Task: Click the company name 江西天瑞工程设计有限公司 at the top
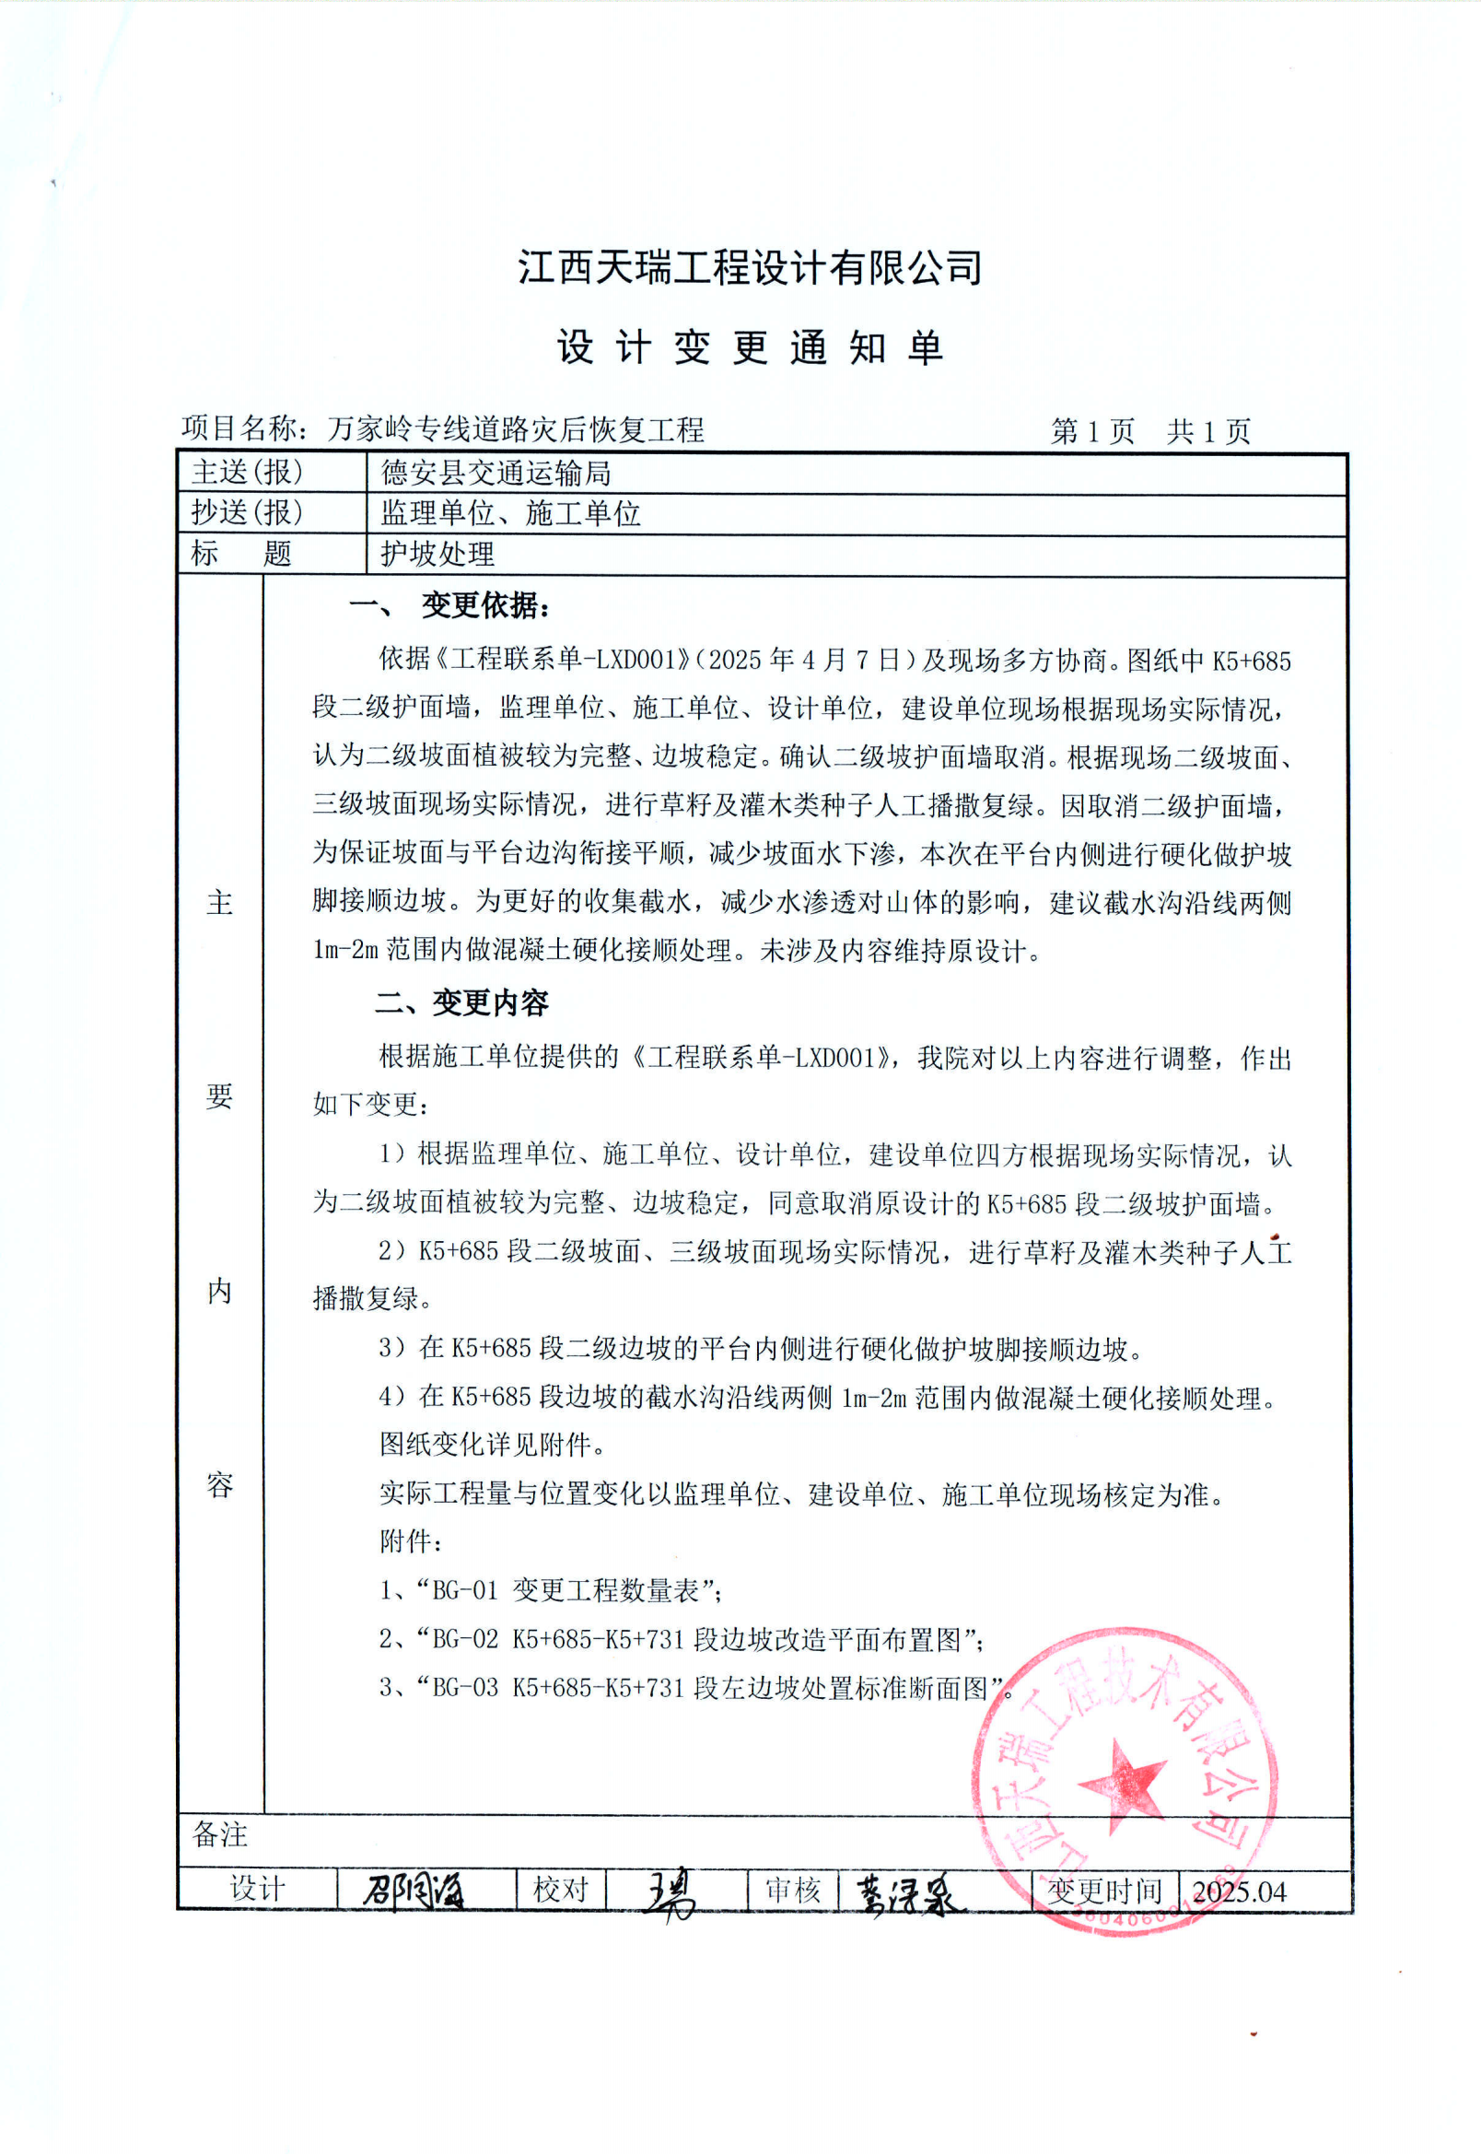pyautogui.click(x=749, y=267)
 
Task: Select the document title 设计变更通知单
pyautogui.click(x=749, y=348)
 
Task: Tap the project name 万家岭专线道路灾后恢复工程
pyautogui.click(x=516, y=428)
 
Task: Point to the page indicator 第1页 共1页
pyautogui.click(x=1149, y=430)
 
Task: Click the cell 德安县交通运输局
pyautogui.click(x=496, y=474)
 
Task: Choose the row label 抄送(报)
pyautogui.click(x=247, y=512)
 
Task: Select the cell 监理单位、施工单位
pyautogui.click(x=510, y=513)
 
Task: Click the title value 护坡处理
pyautogui.click(x=437, y=554)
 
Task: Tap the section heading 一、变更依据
pyautogui.click(x=450, y=606)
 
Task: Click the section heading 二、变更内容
pyautogui.click(x=461, y=1002)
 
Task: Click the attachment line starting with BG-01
pyautogui.click(x=550, y=1590)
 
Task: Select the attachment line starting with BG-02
pyautogui.click(x=682, y=1639)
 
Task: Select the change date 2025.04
pyautogui.click(x=1239, y=1891)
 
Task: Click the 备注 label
pyautogui.click(x=220, y=1834)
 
